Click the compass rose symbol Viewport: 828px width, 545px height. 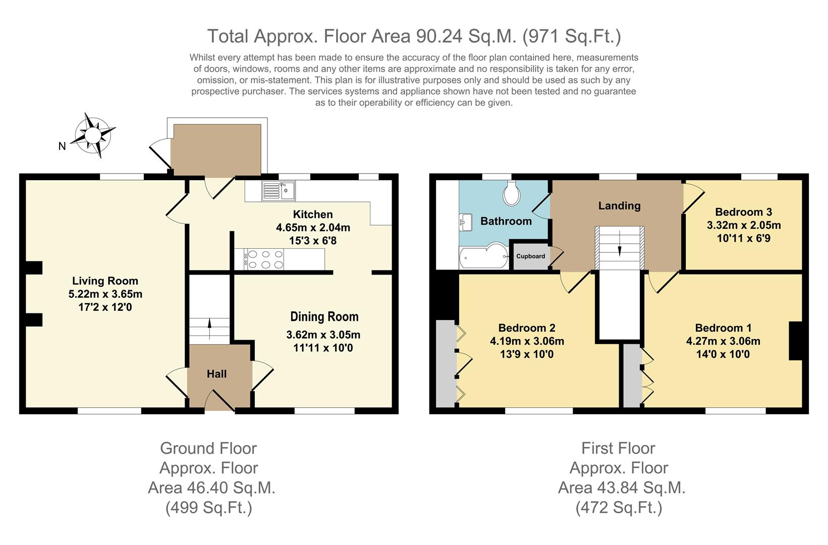coord(93,135)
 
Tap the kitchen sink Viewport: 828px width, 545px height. coord(279,191)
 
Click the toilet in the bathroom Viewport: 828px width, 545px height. coord(512,193)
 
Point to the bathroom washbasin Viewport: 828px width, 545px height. coord(465,222)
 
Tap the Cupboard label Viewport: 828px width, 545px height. coord(530,256)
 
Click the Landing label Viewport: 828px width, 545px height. coord(619,206)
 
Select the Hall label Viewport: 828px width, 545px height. coord(216,374)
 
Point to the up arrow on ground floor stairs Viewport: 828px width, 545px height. coord(209,329)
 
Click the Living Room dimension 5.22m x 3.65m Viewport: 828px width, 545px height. coord(105,294)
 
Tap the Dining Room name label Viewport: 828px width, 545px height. coord(324,317)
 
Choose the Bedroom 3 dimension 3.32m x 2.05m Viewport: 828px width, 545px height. coord(744,225)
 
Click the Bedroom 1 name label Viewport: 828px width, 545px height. coord(723,328)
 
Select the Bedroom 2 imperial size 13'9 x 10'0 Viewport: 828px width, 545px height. coord(527,354)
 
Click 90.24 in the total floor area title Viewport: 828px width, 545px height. coord(439,36)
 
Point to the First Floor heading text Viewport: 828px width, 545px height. coord(618,448)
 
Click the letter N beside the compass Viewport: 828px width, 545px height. coord(62,146)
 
